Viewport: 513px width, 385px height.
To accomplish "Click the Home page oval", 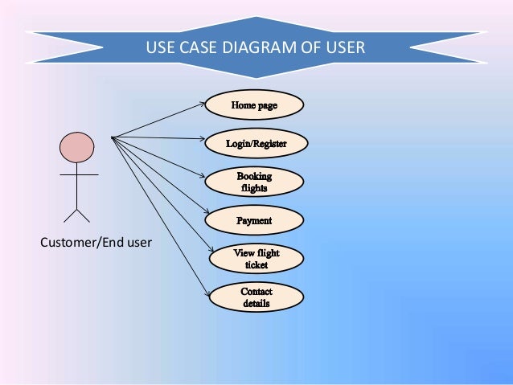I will pyautogui.click(x=255, y=105).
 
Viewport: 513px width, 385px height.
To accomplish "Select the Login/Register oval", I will pyautogui.click(x=255, y=144).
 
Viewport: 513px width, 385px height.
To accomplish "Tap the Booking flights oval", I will pyautogui.click(x=255, y=182).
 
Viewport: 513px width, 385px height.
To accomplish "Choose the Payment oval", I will pyautogui.click(x=255, y=220).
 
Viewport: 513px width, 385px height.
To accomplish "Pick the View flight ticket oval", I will pyautogui.click(x=255, y=259).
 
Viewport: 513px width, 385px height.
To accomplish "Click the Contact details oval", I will pyautogui.click(x=255, y=297).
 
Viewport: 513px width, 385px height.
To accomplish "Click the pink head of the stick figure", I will pyautogui.click(x=76, y=147).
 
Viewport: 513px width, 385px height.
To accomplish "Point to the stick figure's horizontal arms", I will pyautogui.click(x=77, y=174).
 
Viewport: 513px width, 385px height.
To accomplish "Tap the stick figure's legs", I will pyautogui.click(x=77, y=215).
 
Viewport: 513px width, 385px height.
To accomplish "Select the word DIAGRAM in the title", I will pyautogui.click(x=242, y=48).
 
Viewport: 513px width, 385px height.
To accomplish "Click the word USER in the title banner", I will pyautogui.click(x=347, y=48).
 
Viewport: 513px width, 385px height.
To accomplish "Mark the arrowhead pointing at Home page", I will pyautogui.click(x=203, y=104).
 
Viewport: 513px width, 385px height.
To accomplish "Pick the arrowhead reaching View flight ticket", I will pyautogui.click(x=208, y=252).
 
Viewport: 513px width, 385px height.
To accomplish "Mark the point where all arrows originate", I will pyautogui.click(x=113, y=137).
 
